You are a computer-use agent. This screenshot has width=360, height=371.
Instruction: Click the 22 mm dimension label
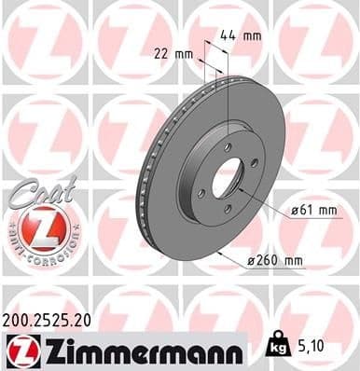point(173,53)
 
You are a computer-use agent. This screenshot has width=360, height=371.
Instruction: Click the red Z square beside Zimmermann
point(18,351)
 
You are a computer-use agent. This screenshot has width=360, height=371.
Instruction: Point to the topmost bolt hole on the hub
point(228,144)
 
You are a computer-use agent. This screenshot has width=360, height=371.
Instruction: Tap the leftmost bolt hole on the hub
point(201,193)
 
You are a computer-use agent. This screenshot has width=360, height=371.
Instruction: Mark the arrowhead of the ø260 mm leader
point(217,253)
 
